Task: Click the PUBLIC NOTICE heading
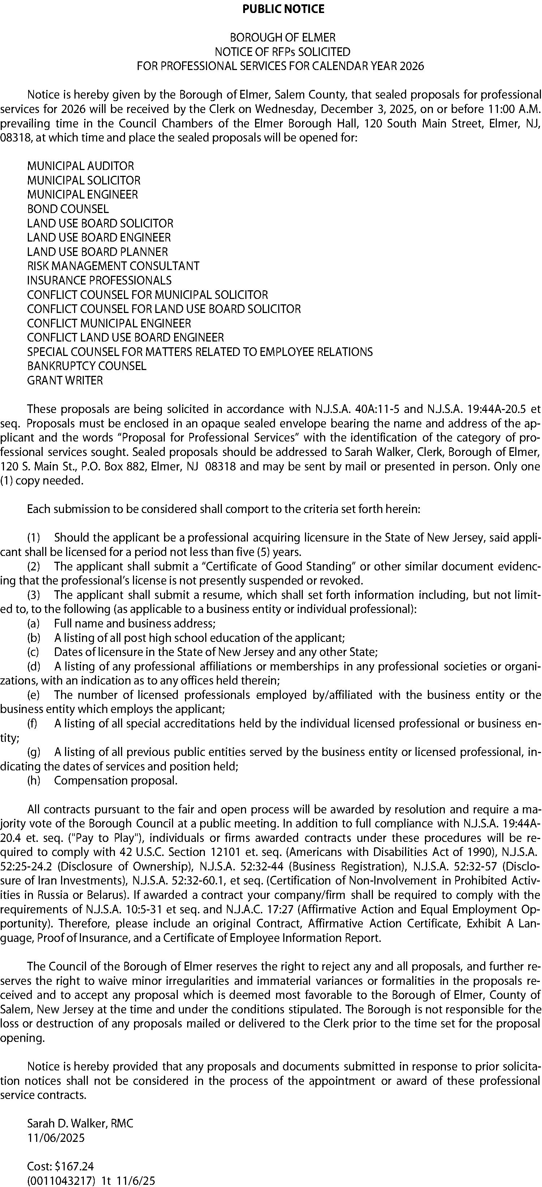283,9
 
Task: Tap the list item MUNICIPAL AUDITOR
80,166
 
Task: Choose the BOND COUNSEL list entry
68,209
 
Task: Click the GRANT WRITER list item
65,380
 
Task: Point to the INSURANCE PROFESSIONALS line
99,280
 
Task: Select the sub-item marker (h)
34,781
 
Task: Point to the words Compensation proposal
116,781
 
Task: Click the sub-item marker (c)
34,652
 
